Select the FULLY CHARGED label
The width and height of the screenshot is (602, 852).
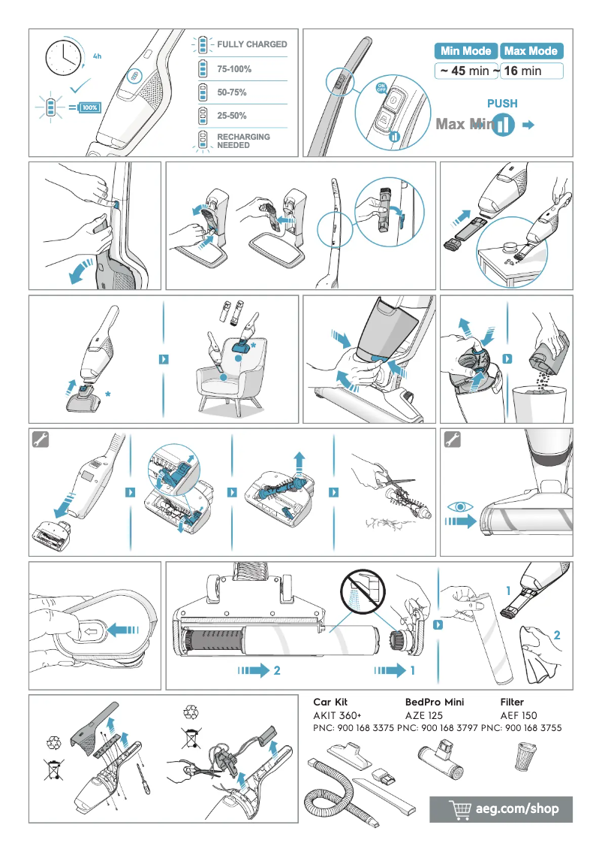pos(251,44)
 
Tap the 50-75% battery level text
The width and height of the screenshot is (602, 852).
pos(232,92)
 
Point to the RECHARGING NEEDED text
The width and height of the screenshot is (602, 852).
pos(243,141)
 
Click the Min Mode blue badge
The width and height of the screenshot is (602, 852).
pos(465,51)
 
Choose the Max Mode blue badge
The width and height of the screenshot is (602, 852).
pos(531,51)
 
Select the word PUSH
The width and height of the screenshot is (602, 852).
pos(502,104)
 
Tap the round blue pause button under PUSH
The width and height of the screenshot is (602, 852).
pos(504,125)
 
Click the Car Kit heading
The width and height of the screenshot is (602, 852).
pos(330,702)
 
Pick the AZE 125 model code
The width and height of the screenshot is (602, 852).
pos(425,715)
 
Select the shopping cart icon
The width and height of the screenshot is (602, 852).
pos(459,809)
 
